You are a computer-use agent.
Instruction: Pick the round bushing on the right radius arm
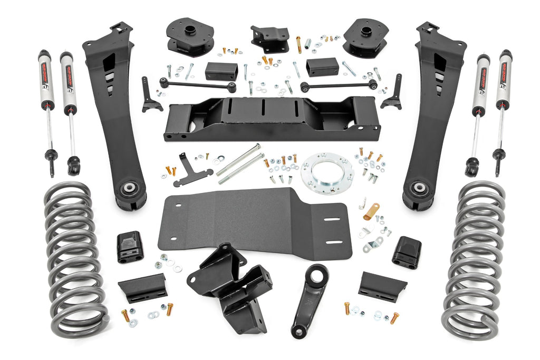419,188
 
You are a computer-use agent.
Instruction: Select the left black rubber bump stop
130,246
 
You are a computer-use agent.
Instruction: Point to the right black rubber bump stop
406,251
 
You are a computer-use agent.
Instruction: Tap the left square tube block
221,71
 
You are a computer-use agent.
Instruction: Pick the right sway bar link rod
337,84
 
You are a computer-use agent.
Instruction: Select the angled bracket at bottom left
142,287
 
